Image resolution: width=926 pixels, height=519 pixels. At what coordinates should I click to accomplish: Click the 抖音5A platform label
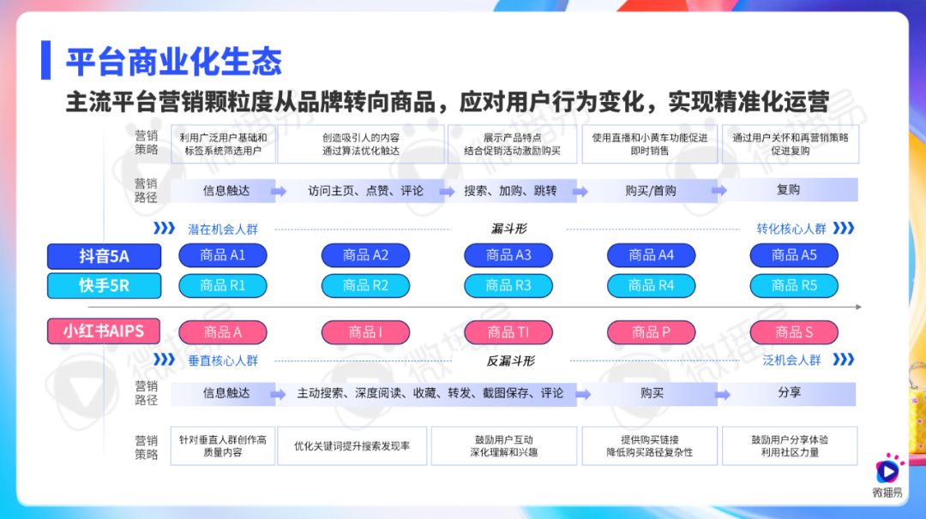click(x=104, y=256)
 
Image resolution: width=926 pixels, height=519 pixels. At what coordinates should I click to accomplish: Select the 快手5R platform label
click(x=104, y=285)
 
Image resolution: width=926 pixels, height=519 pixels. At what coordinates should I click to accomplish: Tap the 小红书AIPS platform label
click(x=104, y=331)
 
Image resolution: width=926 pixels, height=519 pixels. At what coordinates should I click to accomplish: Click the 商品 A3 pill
click(x=508, y=255)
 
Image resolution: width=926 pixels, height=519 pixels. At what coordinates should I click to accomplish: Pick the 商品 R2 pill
click(x=365, y=285)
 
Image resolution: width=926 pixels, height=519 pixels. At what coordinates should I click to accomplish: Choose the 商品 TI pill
click(x=508, y=332)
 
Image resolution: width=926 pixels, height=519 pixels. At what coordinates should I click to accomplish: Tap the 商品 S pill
click(x=794, y=332)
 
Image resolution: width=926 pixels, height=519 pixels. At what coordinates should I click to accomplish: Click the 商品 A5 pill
click(x=794, y=255)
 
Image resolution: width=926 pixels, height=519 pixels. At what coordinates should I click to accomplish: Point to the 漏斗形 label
click(x=508, y=229)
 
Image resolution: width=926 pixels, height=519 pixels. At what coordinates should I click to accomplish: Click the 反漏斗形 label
click(x=510, y=361)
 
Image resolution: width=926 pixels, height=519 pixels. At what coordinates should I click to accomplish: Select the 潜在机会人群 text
click(x=223, y=230)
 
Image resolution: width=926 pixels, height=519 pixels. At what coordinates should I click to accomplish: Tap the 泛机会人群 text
click(x=791, y=361)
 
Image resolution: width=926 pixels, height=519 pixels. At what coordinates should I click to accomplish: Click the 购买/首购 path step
click(x=650, y=190)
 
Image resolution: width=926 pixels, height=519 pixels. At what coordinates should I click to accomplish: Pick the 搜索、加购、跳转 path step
click(x=510, y=190)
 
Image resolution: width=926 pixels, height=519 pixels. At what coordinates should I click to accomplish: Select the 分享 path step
click(x=789, y=393)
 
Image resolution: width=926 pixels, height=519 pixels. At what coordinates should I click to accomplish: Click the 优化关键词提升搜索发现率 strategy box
click(x=352, y=446)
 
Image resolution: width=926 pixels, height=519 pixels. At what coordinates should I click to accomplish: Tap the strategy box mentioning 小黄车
click(x=650, y=144)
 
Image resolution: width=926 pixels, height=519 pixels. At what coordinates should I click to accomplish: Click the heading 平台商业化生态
click(x=173, y=62)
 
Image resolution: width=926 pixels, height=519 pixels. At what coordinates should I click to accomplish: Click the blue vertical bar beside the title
click(x=45, y=60)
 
